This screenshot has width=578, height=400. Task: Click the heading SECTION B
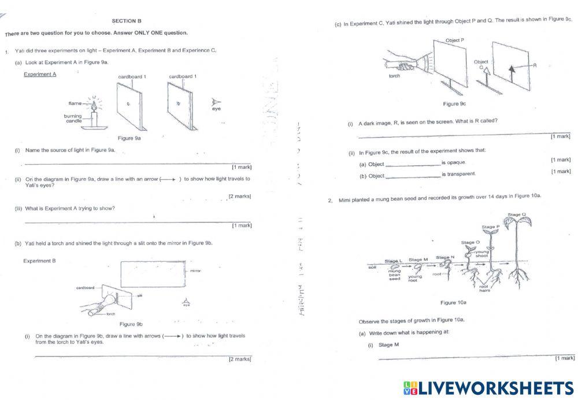[x=127, y=21]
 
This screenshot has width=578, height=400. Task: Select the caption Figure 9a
[x=129, y=138]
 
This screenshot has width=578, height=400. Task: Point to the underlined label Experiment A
[x=40, y=74]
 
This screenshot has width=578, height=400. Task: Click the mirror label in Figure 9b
[x=195, y=271]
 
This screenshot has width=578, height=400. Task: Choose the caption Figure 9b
[x=131, y=324]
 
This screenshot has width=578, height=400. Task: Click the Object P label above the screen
[x=455, y=40]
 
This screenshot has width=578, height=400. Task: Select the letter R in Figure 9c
[x=535, y=65]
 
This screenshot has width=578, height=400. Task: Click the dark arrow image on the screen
[x=511, y=71]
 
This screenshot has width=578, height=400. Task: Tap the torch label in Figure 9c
[x=395, y=76]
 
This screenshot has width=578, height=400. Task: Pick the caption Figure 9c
[x=454, y=104]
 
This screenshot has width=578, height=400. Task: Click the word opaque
[x=453, y=162]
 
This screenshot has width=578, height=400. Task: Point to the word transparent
[x=458, y=174]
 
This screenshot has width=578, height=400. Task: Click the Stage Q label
[x=517, y=214]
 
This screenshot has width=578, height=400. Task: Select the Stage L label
[x=393, y=261]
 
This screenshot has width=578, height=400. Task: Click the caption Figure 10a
[x=453, y=302]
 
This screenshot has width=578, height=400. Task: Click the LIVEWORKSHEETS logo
[x=488, y=388]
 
